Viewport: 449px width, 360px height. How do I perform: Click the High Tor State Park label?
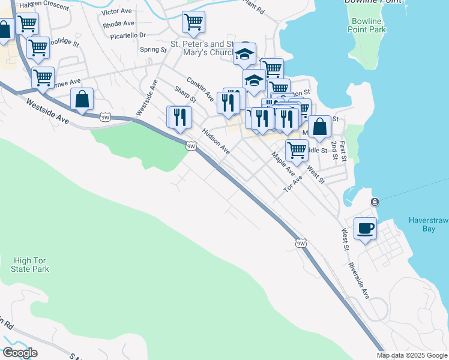click(x=30, y=265)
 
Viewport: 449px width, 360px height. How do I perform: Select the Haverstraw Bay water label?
click(x=429, y=224)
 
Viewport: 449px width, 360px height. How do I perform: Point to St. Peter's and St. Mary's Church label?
click(x=203, y=48)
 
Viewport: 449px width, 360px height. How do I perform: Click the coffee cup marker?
click(x=365, y=228)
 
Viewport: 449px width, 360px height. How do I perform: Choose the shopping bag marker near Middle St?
click(x=320, y=127)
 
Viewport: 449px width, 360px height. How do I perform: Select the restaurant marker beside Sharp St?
click(x=179, y=116)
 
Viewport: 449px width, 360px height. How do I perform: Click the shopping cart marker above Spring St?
click(x=193, y=23)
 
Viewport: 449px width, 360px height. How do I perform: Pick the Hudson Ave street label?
click(x=216, y=141)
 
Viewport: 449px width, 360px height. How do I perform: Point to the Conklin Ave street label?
click(x=200, y=88)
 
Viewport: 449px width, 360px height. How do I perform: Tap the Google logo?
click(x=20, y=353)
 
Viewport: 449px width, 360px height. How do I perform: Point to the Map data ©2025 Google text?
click(x=412, y=355)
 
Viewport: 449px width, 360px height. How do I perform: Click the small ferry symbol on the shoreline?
click(x=375, y=202)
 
